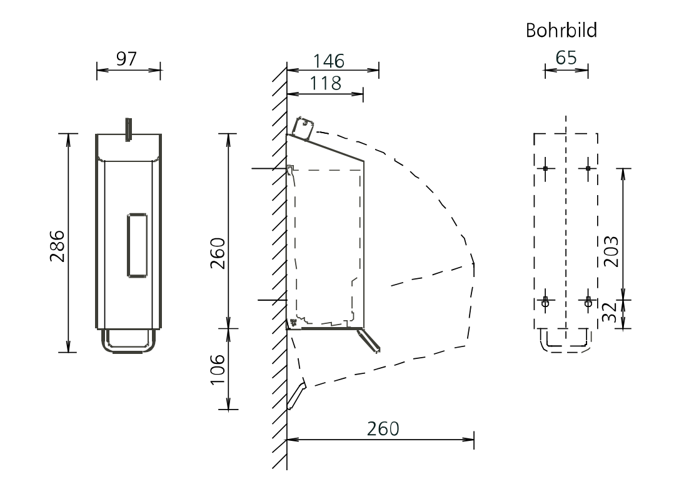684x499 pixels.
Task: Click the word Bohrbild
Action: click(x=561, y=31)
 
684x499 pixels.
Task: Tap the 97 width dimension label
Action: click(x=126, y=59)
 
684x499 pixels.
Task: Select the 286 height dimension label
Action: click(x=57, y=246)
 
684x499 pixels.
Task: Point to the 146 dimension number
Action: click(x=329, y=61)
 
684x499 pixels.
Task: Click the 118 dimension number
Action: click(x=325, y=83)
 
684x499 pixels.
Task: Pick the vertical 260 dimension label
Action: click(x=218, y=253)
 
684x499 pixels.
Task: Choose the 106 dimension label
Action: click(x=218, y=369)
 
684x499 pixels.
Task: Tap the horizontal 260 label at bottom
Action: click(x=383, y=429)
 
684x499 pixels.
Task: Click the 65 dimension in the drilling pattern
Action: click(x=566, y=58)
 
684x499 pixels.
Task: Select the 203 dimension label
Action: click(x=611, y=251)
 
